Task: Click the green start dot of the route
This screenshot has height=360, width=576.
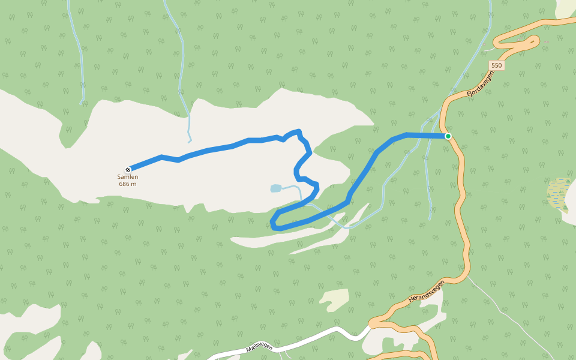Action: pyautogui.click(x=448, y=136)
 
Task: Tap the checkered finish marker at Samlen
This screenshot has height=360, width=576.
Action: pyautogui.click(x=128, y=169)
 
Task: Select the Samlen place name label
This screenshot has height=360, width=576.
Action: pyautogui.click(x=128, y=177)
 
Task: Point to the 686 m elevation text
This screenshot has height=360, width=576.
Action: pyautogui.click(x=128, y=184)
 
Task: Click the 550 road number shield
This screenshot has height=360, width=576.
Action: pyautogui.click(x=496, y=65)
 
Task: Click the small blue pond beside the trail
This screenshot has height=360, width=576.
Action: pyautogui.click(x=275, y=188)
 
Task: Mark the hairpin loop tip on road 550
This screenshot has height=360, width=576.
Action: pyautogui.click(x=536, y=41)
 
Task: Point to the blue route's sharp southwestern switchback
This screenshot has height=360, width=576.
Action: pyautogui.click(x=274, y=226)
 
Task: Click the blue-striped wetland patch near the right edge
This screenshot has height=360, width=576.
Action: pyautogui.click(x=559, y=193)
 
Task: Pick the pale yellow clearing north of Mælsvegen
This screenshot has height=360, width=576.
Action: pyautogui.click(x=335, y=299)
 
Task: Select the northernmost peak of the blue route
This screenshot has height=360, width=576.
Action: pyautogui.click(x=298, y=131)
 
